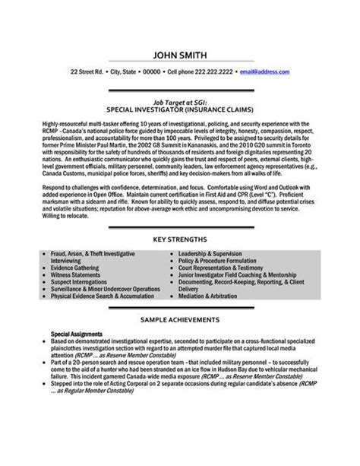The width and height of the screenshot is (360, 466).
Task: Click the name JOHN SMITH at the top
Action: tap(180, 54)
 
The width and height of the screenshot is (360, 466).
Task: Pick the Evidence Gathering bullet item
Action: tap(83, 310)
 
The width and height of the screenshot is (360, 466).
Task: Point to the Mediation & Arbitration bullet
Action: tap(219, 346)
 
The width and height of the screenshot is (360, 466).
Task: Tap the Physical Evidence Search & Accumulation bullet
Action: tap(111, 339)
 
